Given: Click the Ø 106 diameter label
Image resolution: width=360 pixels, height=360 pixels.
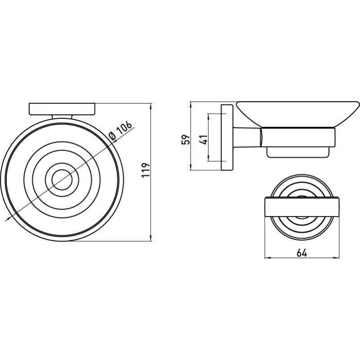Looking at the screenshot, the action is [x=120, y=130].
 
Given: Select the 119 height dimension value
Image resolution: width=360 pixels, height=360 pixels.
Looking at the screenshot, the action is [x=145, y=170].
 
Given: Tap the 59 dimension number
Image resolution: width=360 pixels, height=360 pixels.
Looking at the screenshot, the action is [x=186, y=139].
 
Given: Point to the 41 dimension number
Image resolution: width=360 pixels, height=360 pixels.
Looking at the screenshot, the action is [x=203, y=139].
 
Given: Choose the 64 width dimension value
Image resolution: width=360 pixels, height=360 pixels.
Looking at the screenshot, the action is [x=301, y=253].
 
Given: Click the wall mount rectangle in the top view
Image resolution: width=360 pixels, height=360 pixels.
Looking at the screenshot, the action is [x=62, y=109].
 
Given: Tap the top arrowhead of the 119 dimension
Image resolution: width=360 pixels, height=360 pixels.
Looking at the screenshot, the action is [x=151, y=106].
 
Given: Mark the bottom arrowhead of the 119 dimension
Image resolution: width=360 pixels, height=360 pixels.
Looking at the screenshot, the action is [x=151, y=238].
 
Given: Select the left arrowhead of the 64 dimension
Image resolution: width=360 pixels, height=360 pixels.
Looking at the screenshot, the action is [x=268, y=258].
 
